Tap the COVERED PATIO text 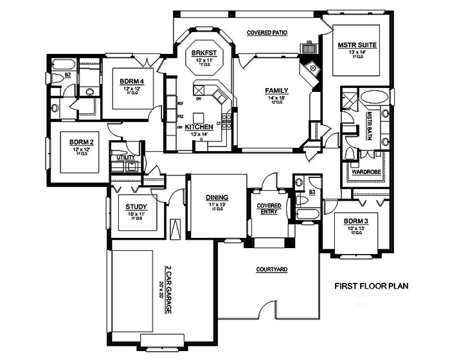point(266,32)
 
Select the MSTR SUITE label point(357,46)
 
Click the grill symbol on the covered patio point(309,49)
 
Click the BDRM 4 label point(132,81)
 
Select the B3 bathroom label point(312,192)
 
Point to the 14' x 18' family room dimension point(276,98)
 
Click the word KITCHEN point(199,127)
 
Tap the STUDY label point(137,207)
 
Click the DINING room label point(217,199)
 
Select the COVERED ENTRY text point(269,208)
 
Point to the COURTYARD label point(271,269)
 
